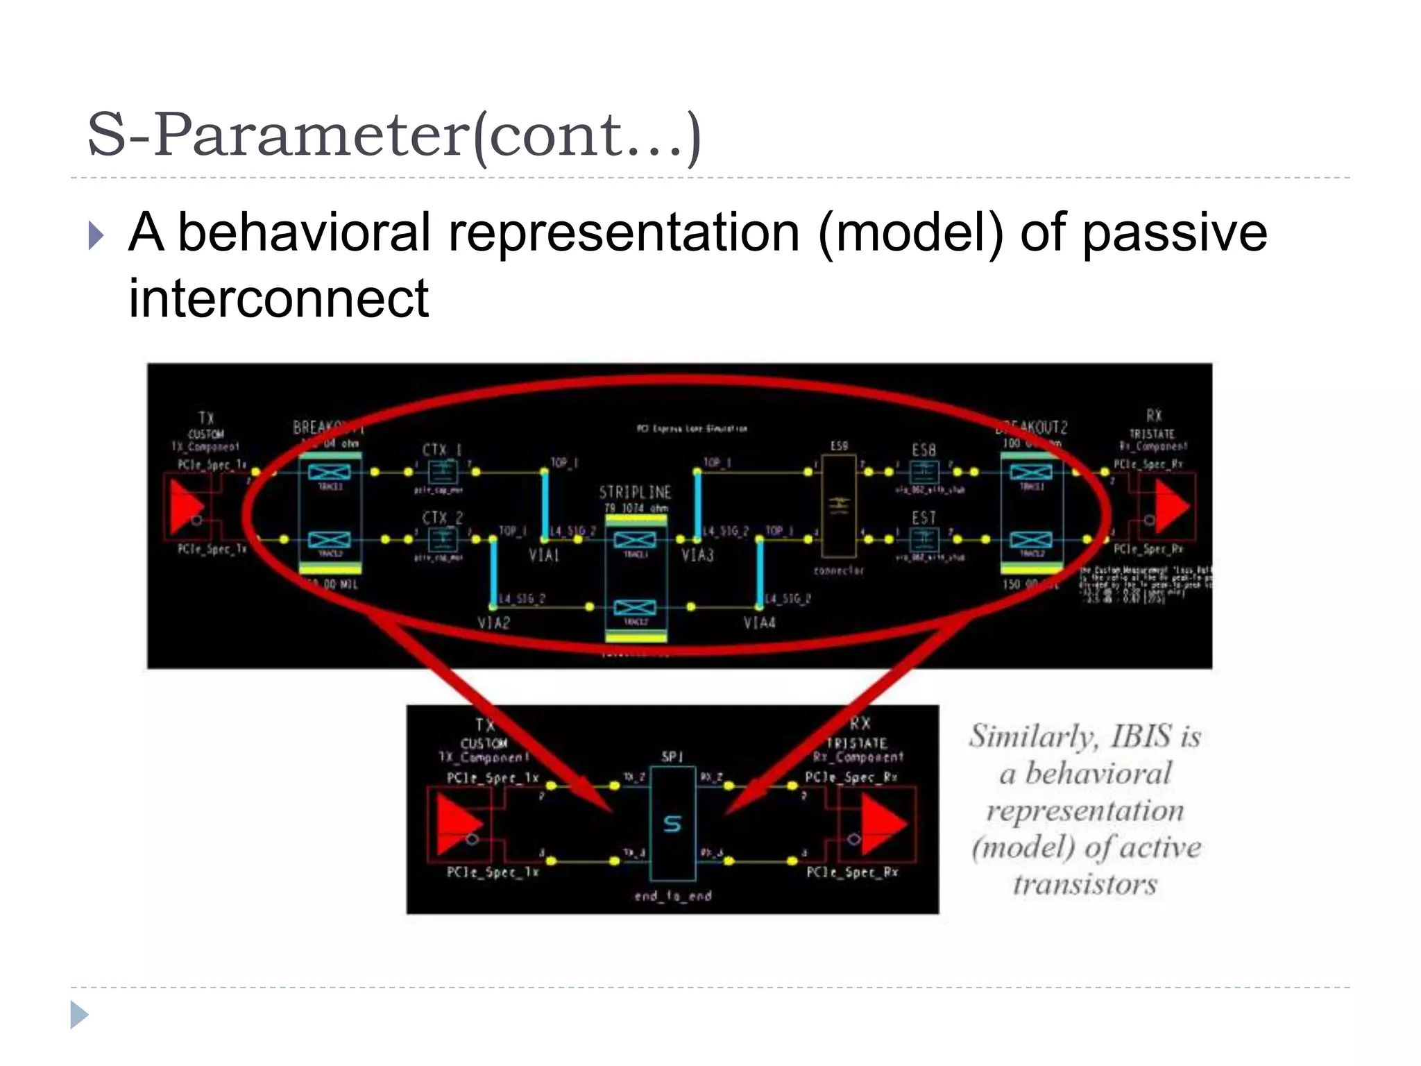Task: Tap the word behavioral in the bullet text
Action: (305, 233)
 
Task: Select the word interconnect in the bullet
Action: (278, 298)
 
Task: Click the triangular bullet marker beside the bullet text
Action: (96, 235)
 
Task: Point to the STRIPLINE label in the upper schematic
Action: (635, 492)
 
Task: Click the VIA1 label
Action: (544, 555)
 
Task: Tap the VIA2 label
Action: (493, 623)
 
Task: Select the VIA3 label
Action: (697, 555)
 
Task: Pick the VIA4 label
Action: (759, 623)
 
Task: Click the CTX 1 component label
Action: (442, 450)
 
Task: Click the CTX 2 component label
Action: (442, 518)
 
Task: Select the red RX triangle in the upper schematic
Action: (1172, 505)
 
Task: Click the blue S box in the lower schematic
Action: (672, 824)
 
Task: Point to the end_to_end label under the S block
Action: (672, 896)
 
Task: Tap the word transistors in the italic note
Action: (1085, 884)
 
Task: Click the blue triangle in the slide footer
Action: (79, 1015)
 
